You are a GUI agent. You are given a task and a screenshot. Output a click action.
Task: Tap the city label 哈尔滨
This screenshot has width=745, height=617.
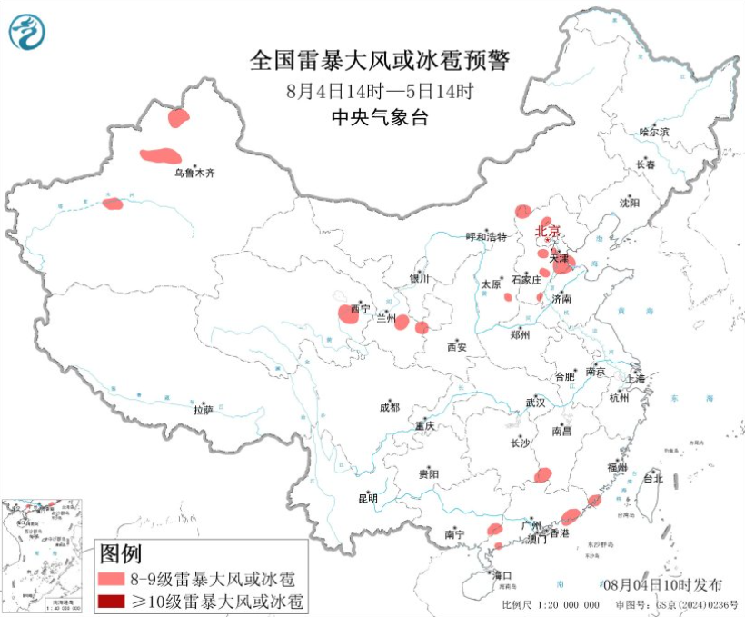[x=653, y=132]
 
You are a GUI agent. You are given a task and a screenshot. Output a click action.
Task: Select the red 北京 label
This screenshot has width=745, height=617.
[x=548, y=231]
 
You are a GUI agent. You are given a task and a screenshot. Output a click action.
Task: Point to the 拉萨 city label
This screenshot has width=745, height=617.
[x=203, y=410]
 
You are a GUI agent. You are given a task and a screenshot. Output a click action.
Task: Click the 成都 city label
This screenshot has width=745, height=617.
[x=388, y=408]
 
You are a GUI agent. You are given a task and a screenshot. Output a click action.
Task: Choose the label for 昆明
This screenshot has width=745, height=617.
[x=367, y=498]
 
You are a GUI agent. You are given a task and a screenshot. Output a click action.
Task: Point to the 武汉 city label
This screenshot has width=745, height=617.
[x=535, y=403]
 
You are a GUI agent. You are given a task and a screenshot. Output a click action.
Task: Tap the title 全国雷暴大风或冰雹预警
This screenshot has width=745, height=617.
[x=380, y=61]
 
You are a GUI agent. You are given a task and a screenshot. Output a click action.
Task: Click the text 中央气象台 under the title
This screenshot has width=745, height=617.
[x=379, y=118]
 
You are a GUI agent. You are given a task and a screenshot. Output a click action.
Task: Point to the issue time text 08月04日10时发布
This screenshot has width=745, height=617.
[x=661, y=583]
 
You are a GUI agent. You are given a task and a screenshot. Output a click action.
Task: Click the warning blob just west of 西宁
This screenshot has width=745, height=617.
[x=348, y=313]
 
